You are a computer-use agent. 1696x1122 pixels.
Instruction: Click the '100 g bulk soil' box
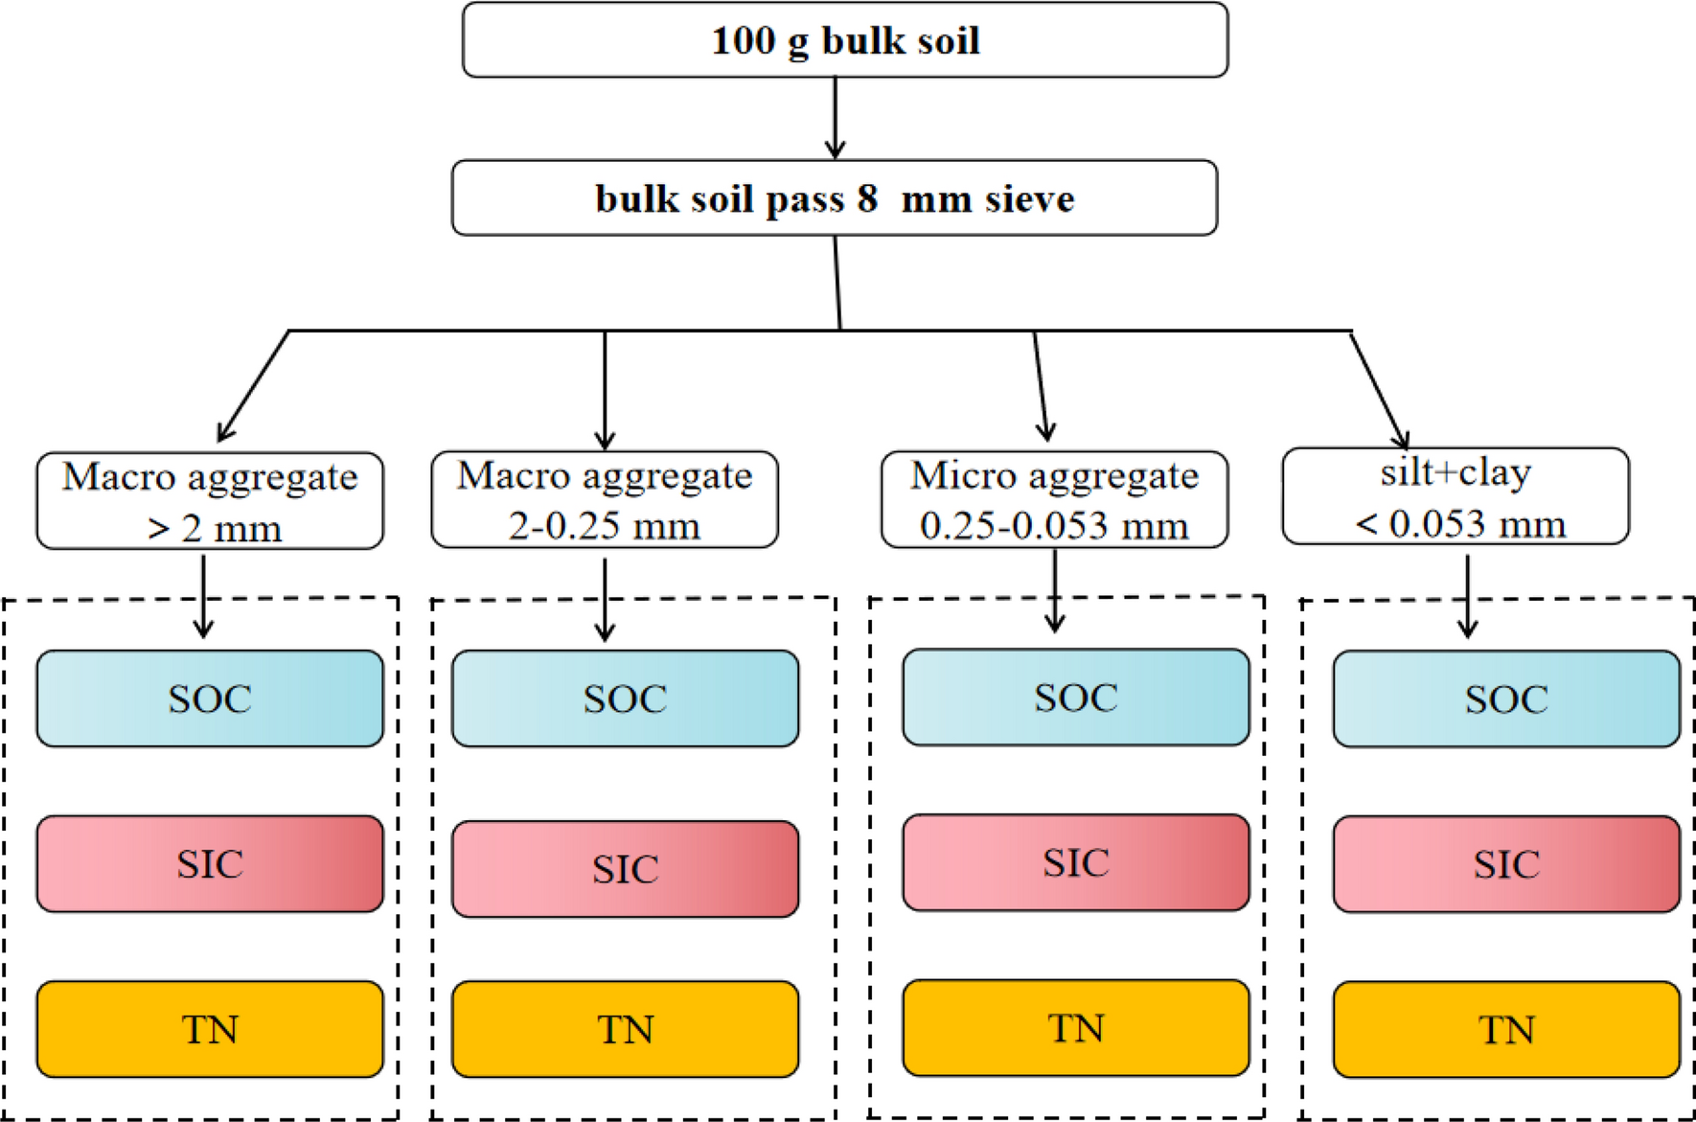[x=844, y=40]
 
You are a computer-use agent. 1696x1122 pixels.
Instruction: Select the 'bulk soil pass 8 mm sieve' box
[x=834, y=198]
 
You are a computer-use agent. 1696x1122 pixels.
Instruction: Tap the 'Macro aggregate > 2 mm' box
[x=210, y=501]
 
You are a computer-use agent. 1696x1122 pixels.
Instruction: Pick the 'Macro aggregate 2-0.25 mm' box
[x=605, y=500]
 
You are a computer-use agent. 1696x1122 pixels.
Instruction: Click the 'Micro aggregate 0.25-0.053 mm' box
[x=1054, y=500]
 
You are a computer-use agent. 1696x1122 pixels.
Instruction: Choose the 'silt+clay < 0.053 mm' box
[x=1455, y=496]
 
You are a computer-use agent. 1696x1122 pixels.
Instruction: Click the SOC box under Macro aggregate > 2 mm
[x=210, y=698]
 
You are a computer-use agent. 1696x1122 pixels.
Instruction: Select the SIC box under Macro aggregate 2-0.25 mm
[x=625, y=869]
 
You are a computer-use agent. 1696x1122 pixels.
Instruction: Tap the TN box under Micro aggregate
[x=1076, y=1028]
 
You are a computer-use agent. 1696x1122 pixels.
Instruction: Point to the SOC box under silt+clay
[x=1506, y=699]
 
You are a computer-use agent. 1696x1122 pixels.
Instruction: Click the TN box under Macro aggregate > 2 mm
[x=210, y=1029]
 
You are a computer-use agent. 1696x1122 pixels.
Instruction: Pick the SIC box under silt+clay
[x=1506, y=864]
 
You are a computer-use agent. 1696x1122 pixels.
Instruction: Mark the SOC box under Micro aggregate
[x=1076, y=698]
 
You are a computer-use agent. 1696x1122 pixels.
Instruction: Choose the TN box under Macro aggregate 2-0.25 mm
[x=625, y=1029]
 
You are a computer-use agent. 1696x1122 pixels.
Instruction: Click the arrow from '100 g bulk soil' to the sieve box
[x=835, y=118]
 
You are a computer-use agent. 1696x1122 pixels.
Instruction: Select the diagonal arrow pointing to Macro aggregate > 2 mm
[x=253, y=386]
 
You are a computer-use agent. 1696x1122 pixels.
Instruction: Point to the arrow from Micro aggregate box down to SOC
[x=1055, y=591]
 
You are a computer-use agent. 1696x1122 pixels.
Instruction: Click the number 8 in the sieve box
[x=867, y=198]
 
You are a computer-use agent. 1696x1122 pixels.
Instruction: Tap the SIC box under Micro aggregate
[x=1076, y=862]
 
